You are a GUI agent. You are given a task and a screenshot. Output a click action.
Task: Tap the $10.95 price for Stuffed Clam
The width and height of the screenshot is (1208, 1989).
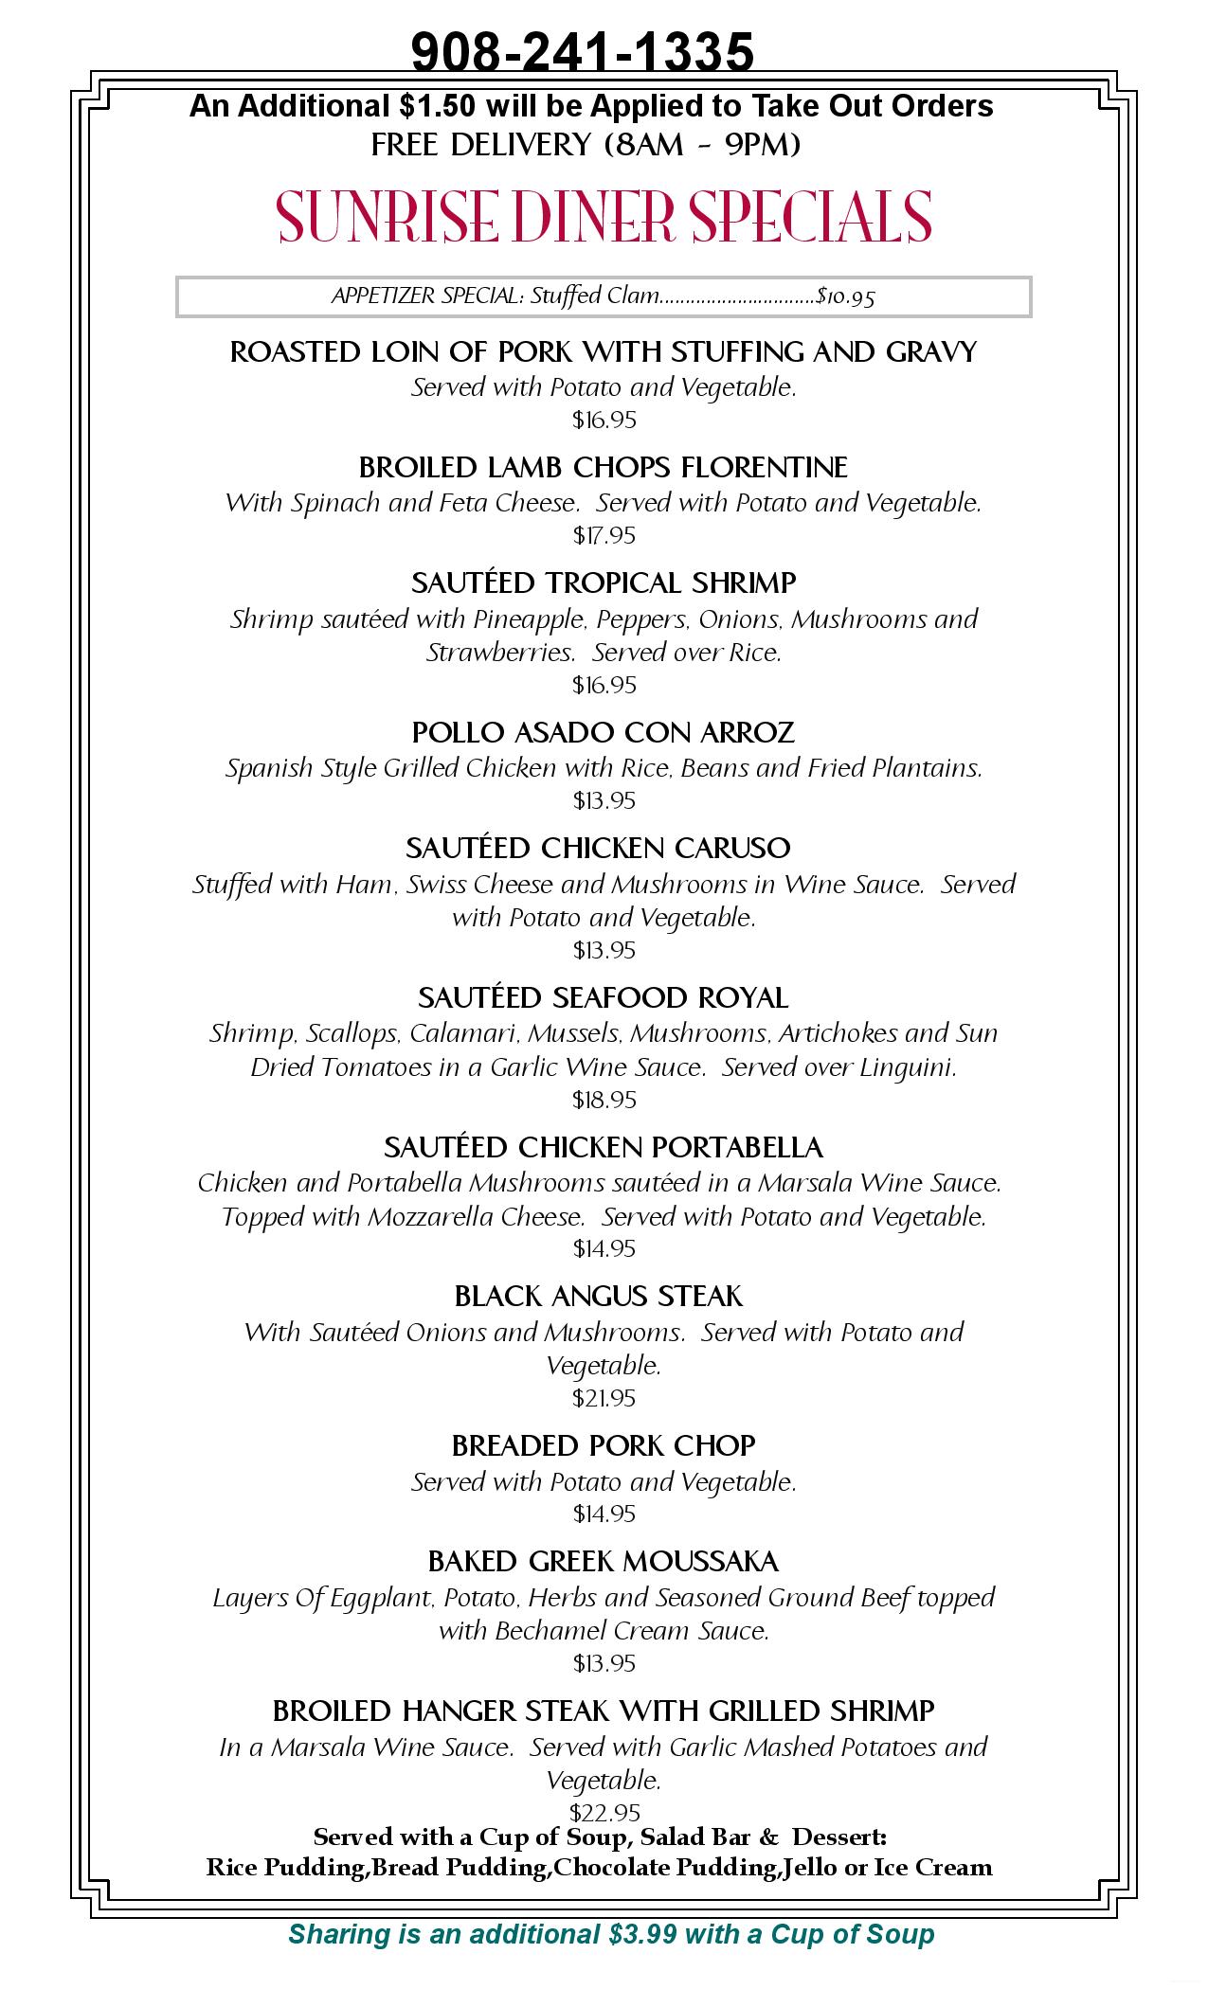click(x=846, y=296)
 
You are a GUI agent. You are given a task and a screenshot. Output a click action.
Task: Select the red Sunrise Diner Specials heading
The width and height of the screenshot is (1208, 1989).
click(x=604, y=217)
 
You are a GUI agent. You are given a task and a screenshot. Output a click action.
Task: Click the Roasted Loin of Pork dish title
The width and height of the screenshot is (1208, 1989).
click(x=604, y=352)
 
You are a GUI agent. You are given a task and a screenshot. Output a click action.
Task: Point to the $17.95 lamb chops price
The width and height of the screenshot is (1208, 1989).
click(x=604, y=536)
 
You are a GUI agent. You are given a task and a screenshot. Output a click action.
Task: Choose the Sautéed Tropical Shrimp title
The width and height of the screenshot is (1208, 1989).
click(x=604, y=582)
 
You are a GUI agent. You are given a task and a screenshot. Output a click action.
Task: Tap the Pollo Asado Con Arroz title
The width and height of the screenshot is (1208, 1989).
click(x=604, y=732)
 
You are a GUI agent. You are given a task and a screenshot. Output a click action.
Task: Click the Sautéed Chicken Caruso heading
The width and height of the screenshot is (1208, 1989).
click(x=598, y=848)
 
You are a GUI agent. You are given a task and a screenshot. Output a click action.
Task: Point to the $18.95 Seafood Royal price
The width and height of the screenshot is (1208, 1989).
click(x=604, y=1100)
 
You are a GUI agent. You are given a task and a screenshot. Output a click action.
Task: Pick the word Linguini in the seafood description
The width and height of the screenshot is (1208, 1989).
click(x=908, y=1067)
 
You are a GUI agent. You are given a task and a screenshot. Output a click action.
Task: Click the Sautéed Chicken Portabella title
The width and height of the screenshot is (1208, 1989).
click(x=604, y=1148)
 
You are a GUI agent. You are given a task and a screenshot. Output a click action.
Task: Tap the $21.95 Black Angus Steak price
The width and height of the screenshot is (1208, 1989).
click(x=604, y=1398)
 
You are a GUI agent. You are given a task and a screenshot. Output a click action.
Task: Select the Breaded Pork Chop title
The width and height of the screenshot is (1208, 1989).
click(x=604, y=1446)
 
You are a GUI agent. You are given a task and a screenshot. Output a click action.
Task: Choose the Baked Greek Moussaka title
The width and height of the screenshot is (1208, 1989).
click(x=604, y=1561)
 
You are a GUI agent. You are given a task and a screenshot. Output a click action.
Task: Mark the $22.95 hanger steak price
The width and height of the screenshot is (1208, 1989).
click(x=604, y=1813)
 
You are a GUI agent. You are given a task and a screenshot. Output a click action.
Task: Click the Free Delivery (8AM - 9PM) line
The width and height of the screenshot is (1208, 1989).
click(x=586, y=145)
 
